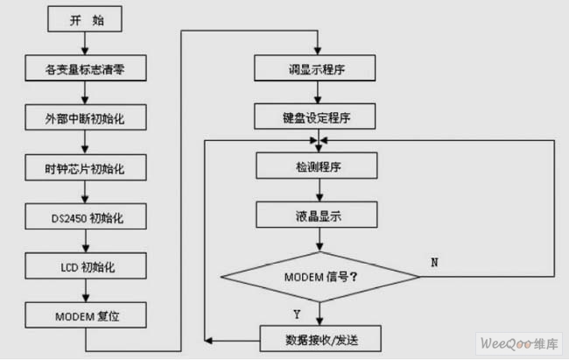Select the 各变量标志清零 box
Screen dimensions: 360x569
pos(84,67)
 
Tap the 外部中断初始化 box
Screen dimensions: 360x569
pos(84,116)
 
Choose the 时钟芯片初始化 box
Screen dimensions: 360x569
pos(84,165)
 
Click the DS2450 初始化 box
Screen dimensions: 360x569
pos(84,214)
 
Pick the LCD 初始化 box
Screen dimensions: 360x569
pos(84,263)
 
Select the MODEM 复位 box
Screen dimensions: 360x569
pos(84,312)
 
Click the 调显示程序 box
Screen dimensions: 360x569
pos(318,67)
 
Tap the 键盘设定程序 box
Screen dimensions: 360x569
pos(318,116)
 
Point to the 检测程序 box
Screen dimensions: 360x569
pos(318,165)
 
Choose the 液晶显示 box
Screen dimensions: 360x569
pos(318,213)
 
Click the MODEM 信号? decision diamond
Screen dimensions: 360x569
pos(320,276)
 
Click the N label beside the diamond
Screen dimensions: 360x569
pos(435,262)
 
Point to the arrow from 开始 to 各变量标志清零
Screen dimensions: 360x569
pos(84,42)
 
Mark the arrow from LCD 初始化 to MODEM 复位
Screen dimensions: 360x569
pos(84,287)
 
